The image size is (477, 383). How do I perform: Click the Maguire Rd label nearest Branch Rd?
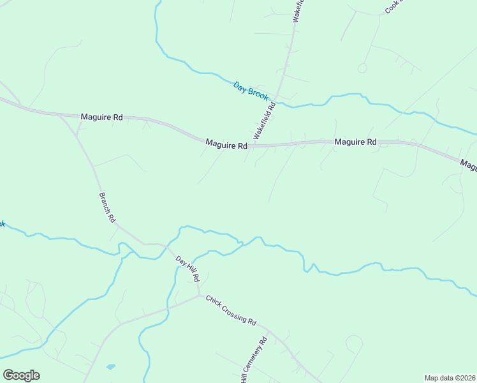[x=101, y=117]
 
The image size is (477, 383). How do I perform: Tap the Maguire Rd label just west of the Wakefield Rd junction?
[x=226, y=145]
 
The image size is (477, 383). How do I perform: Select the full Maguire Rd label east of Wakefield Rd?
[x=355, y=142]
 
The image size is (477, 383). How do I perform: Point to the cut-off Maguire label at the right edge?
[x=469, y=165]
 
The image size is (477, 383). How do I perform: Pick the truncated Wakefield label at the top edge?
[x=298, y=11]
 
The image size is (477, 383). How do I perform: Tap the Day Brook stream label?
[x=251, y=90]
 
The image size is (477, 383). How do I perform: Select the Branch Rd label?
[x=106, y=207]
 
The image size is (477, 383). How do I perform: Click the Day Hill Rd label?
[x=188, y=269]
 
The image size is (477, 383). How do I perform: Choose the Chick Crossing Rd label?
[x=230, y=310]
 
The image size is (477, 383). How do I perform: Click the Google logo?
[x=21, y=375]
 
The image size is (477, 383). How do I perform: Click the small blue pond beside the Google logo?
[x=111, y=368]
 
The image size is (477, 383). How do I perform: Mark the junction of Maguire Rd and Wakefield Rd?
[x=249, y=146]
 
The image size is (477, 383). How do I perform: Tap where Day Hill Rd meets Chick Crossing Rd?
[x=199, y=295]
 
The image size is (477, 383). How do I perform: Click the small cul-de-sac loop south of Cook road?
[x=362, y=68]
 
